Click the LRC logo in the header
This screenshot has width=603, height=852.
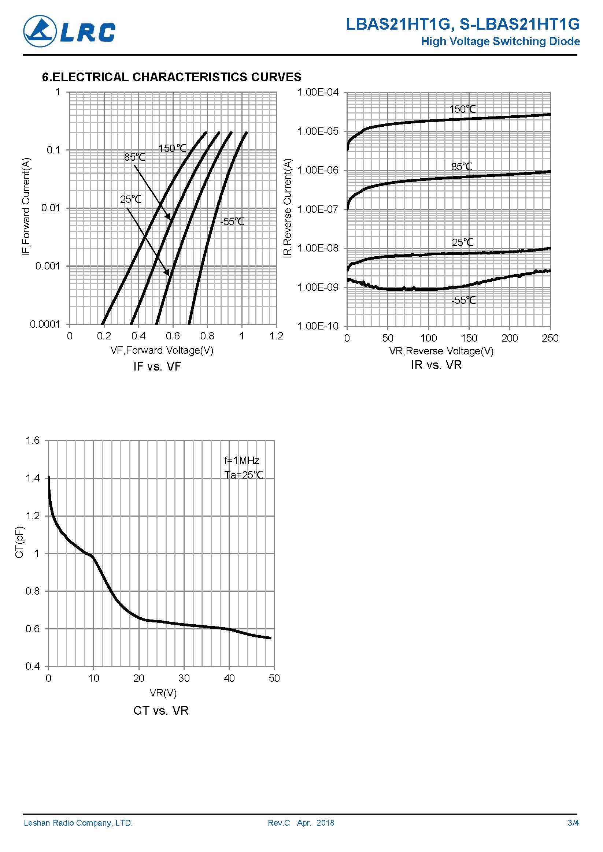69,31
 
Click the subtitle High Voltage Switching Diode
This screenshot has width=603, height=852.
500,41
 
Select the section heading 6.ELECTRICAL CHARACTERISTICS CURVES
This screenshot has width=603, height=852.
171,77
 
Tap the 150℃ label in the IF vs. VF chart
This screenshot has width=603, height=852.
172,148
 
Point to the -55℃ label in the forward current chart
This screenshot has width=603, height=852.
232,222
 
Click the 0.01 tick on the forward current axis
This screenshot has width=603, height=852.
51,208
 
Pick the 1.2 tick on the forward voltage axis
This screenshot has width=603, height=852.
276,336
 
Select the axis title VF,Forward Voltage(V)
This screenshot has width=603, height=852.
162,350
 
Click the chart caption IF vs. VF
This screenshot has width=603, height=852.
157,367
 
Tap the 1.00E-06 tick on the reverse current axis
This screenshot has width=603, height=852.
318,170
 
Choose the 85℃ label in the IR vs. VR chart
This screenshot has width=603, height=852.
462,167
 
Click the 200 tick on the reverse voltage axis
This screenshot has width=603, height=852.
510,338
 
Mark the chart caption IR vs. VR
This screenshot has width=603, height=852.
436,365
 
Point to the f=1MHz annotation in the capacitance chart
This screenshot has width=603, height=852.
242,461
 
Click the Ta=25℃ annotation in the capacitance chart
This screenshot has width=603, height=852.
244,475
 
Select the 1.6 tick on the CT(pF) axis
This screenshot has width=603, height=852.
32,440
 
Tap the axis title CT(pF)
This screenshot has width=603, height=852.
19,542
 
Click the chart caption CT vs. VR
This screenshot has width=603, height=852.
161,711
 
